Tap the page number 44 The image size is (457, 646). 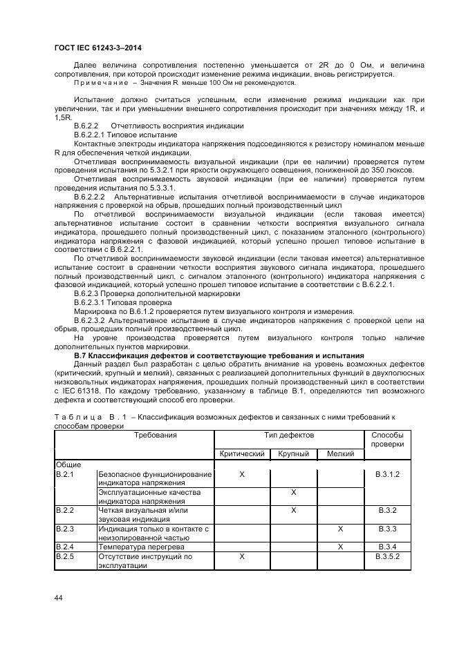[x=59, y=598]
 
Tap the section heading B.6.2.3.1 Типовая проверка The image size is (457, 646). [x=123, y=302]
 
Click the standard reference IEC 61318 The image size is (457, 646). [x=82, y=391]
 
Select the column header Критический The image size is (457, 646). [x=242, y=453]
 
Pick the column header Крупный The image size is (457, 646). [x=293, y=453]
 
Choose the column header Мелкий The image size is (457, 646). [x=340, y=453]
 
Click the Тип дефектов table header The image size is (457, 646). [x=289, y=435]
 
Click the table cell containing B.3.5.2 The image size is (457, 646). [x=387, y=556]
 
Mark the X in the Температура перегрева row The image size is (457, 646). [x=340, y=547]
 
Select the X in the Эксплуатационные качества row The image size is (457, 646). [x=293, y=492]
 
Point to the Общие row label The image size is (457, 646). [x=68, y=465]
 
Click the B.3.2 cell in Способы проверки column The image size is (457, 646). [x=387, y=510]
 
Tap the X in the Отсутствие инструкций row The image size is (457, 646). [x=242, y=556]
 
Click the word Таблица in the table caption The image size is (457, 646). [x=75, y=418]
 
